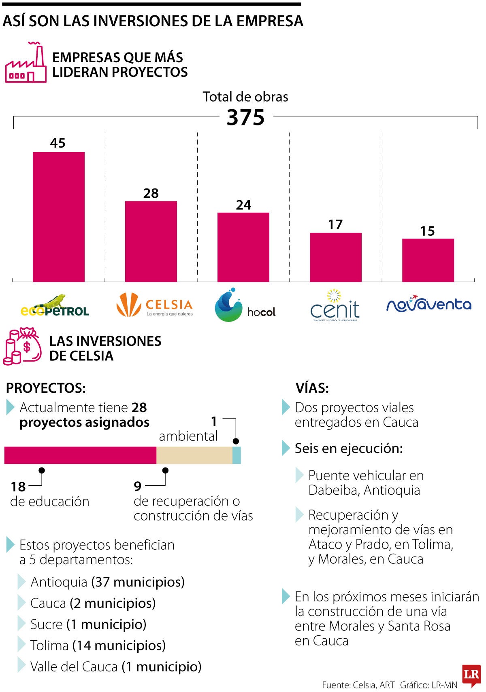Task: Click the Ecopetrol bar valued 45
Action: (x=59, y=217)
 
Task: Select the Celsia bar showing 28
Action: (x=151, y=241)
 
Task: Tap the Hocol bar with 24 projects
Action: (x=243, y=247)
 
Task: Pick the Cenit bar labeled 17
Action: (x=336, y=257)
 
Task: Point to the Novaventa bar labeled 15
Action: (x=428, y=260)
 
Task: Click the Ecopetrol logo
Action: (x=55, y=306)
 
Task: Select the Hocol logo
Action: (x=245, y=306)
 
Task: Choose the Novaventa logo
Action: (x=429, y=304)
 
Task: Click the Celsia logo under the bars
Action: (x=154, y=305)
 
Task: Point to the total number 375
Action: (x=245, y=118)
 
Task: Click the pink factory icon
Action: (x=26, y=63)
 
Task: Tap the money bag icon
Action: (x=23, y=346)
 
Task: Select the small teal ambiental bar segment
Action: (x=237, y=455)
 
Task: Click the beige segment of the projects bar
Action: (x=194, y=455)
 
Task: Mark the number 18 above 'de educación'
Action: (x=18, y=487)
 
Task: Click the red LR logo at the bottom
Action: (x=471, y=675)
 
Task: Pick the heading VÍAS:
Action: (x=312, y=388)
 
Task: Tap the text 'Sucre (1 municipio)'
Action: (x=88, y=624)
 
